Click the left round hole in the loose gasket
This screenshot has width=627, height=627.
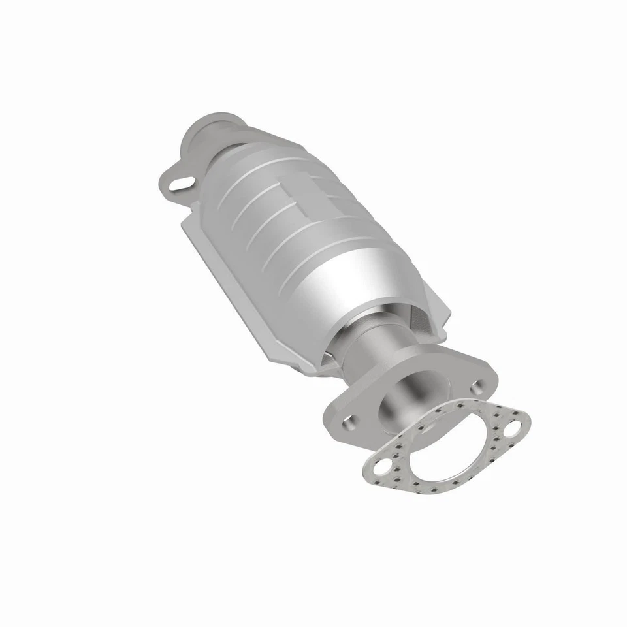pos(380,468)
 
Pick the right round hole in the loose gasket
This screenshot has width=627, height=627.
pos(511,428)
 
